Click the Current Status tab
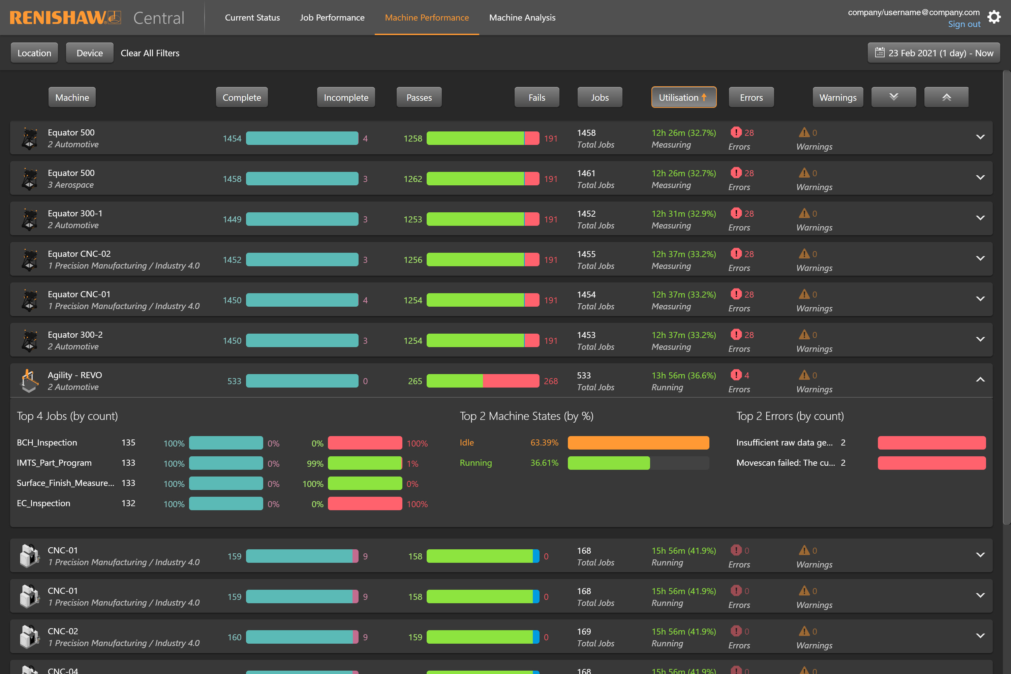click(x=252, y=18)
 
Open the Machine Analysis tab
click(x=522, y=18)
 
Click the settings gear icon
click(x=994, y=17)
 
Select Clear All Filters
click(x=150, y=53)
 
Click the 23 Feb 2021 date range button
click(x=933, y=53)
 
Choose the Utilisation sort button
click(x=683, y=98)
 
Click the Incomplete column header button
click(x=346, y=98)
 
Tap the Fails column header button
click(x=537, y=98)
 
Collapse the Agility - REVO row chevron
click(x=980, y=379)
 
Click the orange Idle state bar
click(x=638, y=443)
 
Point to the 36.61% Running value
click(x=544, y=463)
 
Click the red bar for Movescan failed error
click(x=931, y=463)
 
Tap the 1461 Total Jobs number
click(x=586, y=173)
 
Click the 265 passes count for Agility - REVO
click(x=415, y=381)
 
